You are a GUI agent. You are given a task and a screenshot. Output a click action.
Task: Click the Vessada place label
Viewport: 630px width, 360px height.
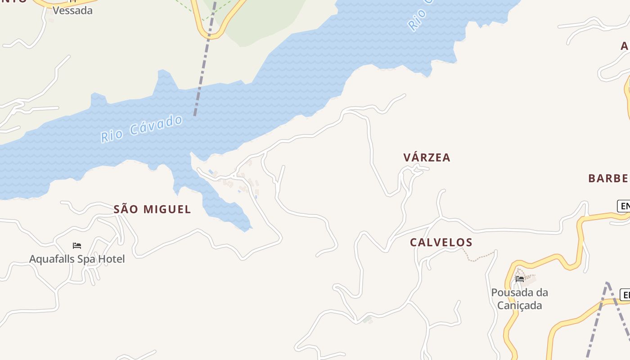click(72, 10)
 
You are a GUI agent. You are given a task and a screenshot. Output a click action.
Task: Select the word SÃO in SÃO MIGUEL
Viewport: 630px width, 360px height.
click(127, 209)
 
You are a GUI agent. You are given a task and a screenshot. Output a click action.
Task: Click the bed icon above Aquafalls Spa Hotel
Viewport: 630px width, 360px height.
click(77, 246)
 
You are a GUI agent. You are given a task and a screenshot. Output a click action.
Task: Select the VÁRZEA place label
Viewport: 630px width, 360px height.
click(427, 157)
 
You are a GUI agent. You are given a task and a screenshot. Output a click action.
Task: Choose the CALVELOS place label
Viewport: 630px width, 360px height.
click(441, 243)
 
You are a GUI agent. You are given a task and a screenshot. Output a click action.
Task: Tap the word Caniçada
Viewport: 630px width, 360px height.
click(519, 306)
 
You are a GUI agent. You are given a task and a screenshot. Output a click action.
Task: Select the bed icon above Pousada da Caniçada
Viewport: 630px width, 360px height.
click(520, 279)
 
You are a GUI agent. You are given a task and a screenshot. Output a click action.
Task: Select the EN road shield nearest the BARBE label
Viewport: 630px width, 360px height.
click(624, 206)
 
